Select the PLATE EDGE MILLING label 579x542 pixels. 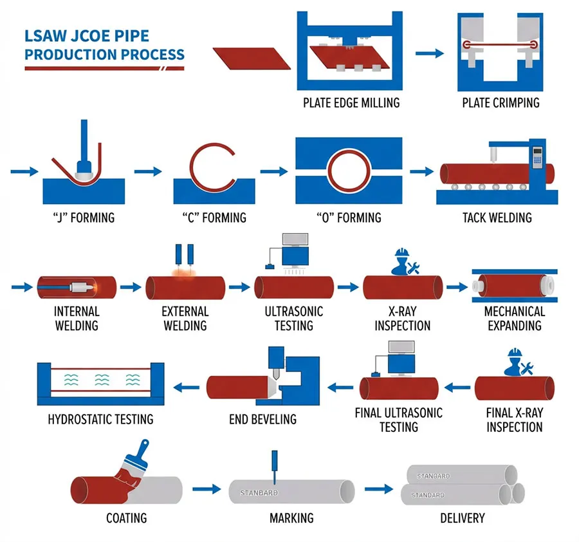point(351,102)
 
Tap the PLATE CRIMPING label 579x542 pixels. point(501,102)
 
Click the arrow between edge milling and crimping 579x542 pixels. point(429,53)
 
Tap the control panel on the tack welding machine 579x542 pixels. point(538,158)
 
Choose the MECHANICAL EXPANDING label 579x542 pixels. point(515,318)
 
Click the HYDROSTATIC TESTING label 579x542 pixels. point(101,419)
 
